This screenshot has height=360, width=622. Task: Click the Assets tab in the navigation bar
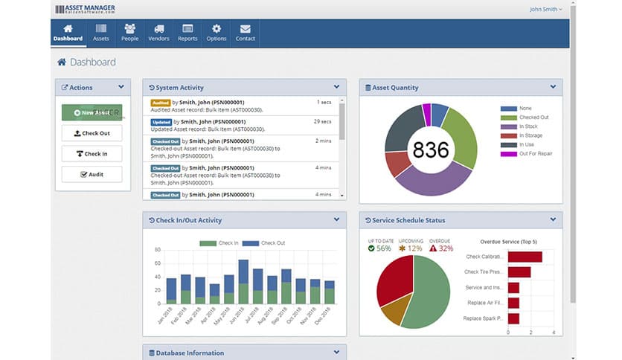pyautogui.click(x=100, y=33)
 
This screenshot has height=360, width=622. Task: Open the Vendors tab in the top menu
pyautogui.click(x=158, y=33)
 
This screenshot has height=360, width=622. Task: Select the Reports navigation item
pyautogui.click(x=187, y=33)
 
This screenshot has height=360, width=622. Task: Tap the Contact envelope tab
pyautogui.click(x=245, y=33)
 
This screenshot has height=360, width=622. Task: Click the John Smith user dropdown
pyautogui.click(x=545, y=10)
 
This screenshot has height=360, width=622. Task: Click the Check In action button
pyautogui.click(x=92, y=154)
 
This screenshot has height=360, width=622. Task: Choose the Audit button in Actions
pyautogui.click(x=92, y=174)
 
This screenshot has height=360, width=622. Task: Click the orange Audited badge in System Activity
pyautogui.click(x=161, y=102)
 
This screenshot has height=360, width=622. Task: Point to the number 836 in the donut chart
pyautogui.click(x=431, y=150)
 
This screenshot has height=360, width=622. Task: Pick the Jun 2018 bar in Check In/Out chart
pyautogui.click(x=243, y=281)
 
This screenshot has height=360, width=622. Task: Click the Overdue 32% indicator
pyautogui.click(x=440, y=248)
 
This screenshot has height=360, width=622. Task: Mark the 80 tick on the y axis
pyautogui.click(x=158, y=251)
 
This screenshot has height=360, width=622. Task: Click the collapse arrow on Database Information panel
pyautogui.click(x=336, y=353)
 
